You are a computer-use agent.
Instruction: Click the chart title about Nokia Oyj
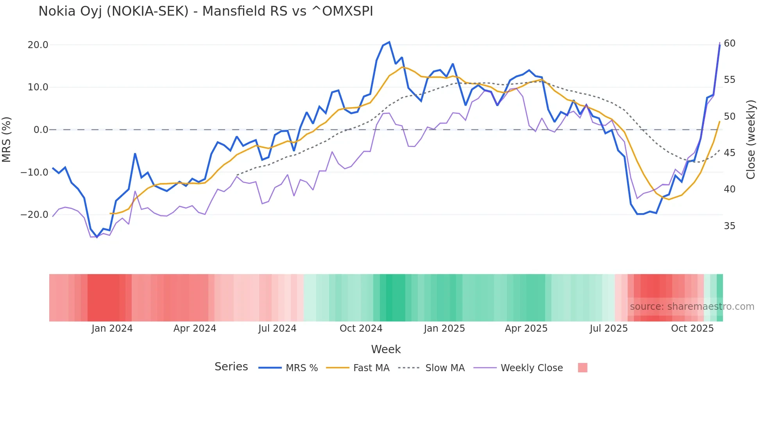coord(206,11)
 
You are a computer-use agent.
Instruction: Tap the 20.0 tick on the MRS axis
coord(38,45)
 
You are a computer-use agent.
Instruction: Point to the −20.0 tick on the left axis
coord(34,215)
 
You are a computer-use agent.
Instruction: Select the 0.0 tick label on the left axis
coord(41,130)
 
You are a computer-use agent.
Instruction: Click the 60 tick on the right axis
coord(730,43)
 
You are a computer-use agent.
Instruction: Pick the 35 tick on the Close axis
coord(730,226)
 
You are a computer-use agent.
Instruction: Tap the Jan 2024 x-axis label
coord(112,329)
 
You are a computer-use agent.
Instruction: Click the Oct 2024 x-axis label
coord(361,329)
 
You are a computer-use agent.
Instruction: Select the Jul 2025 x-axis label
coord(609,329)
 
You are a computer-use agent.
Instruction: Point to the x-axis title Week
coord(386,349)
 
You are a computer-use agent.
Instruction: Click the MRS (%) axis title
coord(7,139)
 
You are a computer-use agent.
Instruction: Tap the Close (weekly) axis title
coord(751,140)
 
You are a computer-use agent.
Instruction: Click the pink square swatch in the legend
coord(582,368)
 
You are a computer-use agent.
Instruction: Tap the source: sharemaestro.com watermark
coord(692,307)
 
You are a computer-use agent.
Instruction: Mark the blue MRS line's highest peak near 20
coord(389,42)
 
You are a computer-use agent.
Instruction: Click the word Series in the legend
coord(231,367)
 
